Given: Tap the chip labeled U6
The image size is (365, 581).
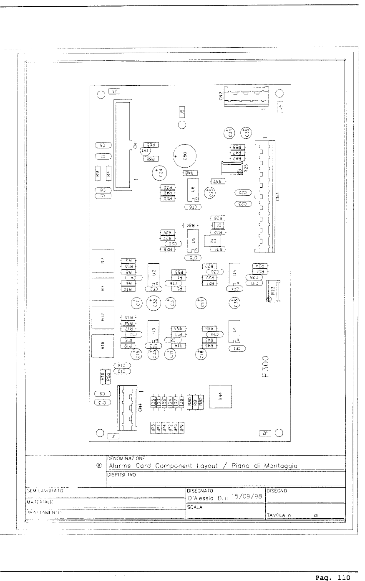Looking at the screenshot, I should tap(193, 189).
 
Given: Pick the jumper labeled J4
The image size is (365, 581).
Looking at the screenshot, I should tap(280, 107).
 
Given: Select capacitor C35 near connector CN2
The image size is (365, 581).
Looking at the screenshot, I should tap(246, 133).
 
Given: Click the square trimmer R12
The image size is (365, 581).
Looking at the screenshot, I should tap(103, 316).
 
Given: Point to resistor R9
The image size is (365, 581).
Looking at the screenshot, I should tap(97, 173).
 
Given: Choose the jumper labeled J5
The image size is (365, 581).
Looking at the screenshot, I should tap(182, 112).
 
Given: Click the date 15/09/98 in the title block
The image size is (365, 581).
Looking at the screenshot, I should tap(246, 497).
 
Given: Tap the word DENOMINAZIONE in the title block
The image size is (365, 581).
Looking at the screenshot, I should tap(126, 458).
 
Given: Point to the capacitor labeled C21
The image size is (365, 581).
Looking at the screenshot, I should tap(212, 241).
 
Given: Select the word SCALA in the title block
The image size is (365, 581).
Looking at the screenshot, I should tap(194, 507).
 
